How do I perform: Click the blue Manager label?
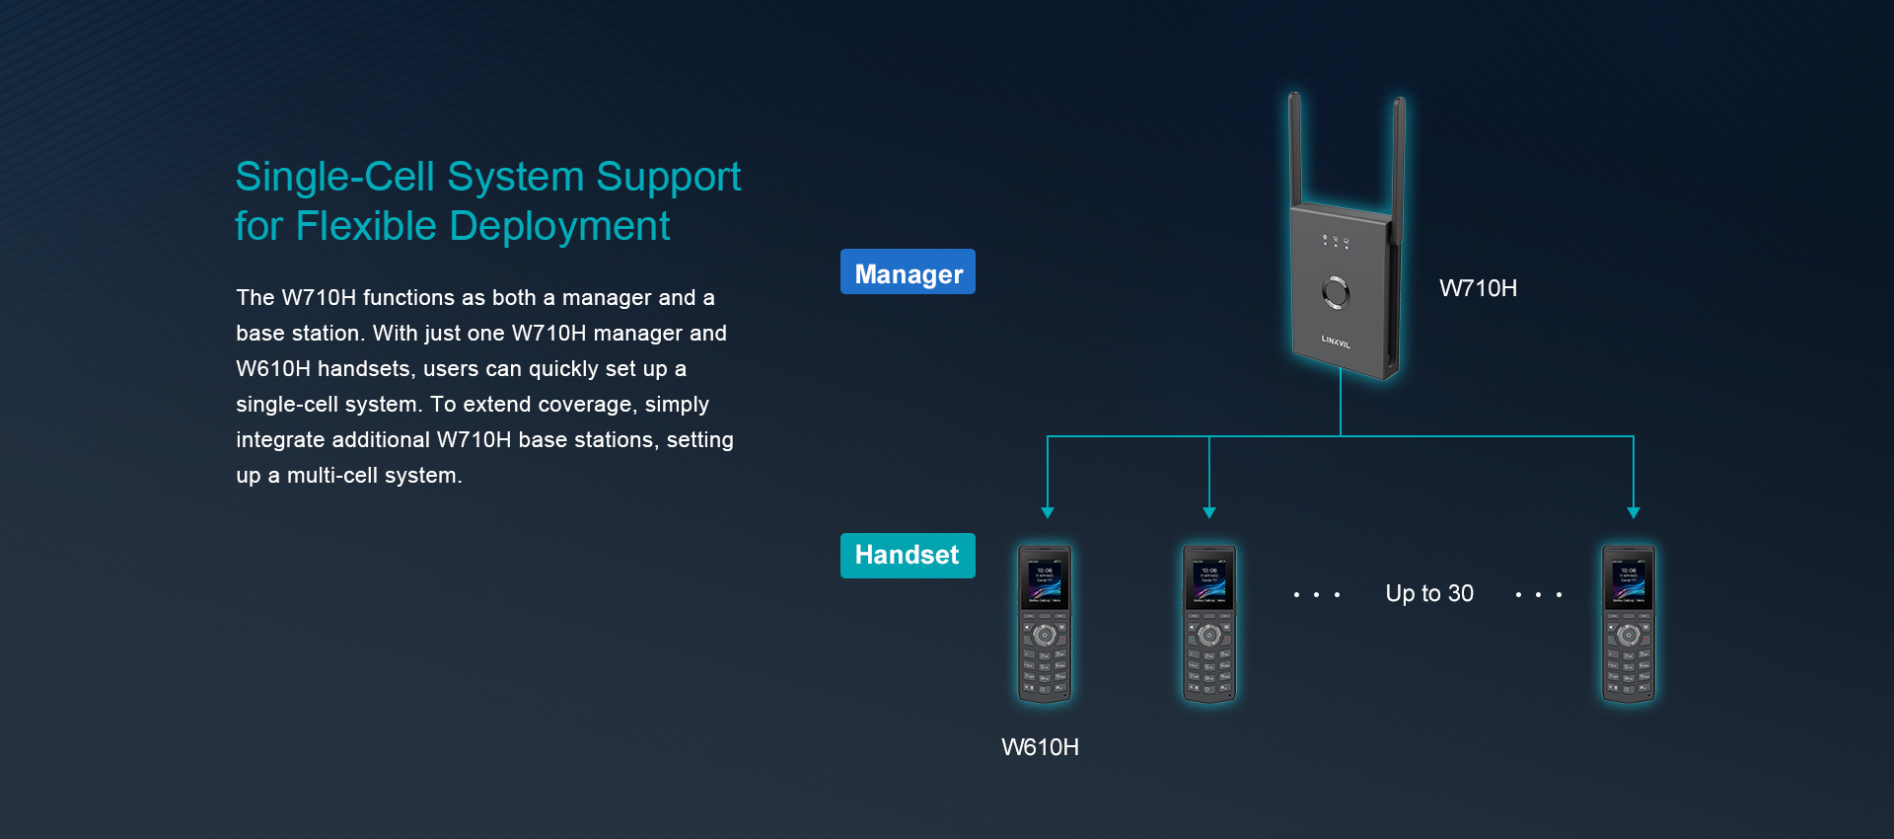[x=908, y=272]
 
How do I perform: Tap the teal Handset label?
[x=908, y=555]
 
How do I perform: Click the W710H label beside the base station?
[x=1478, y=288]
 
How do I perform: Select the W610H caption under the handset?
[x=1040, y=747]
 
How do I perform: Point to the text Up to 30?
[x=1429, y=593]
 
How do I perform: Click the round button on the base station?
[x=1336, y=292]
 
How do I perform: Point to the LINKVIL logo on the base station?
[x=1336, y=342]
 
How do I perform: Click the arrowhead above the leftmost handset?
[x=1048, y=512]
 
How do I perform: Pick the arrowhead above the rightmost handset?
[x=1634, y=512]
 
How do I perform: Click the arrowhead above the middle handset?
[x=1209, y=512]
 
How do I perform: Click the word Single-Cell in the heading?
[x=334, y=178]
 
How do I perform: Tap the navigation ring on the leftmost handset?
[x=1045, y=635]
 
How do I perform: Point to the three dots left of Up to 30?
[x=1317, y=594]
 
